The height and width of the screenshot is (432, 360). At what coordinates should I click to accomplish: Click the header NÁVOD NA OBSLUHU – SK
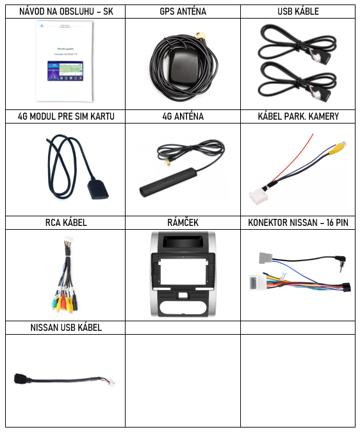[x=66, y=12]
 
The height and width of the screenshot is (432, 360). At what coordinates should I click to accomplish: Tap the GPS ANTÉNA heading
[x=183, y=12]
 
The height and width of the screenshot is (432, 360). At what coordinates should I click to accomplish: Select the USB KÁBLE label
[x=299, y=12]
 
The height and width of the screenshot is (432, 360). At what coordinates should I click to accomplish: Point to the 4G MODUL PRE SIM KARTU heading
[x=66, y=116]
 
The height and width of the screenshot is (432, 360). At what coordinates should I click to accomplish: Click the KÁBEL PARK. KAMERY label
[x=299, y=116]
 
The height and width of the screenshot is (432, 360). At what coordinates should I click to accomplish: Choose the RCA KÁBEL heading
[x=66, y=223]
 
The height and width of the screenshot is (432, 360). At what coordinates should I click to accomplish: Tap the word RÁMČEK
[x=183, y=223]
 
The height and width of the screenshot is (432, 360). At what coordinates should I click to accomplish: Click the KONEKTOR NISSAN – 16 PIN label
[x=299, y=223]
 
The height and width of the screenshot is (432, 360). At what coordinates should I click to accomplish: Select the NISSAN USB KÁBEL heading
[x=66, y=328]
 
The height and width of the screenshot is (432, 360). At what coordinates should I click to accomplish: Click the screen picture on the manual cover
[x=65, y=71]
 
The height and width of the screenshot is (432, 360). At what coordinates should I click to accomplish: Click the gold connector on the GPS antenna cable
[x=200, y=36]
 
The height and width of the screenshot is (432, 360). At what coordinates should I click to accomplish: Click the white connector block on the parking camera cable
[x=259, y=196]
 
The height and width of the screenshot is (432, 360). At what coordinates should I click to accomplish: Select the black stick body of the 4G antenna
[x=168, y=182]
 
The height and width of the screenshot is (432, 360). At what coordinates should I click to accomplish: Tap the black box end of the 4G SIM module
[x=98, y=189]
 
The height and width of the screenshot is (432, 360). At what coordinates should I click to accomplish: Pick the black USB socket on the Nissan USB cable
[x=22, y=378]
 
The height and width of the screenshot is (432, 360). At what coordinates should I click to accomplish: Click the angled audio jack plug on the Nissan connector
[x=341, y=262]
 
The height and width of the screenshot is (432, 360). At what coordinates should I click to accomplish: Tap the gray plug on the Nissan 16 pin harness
[x=265, y=258]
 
